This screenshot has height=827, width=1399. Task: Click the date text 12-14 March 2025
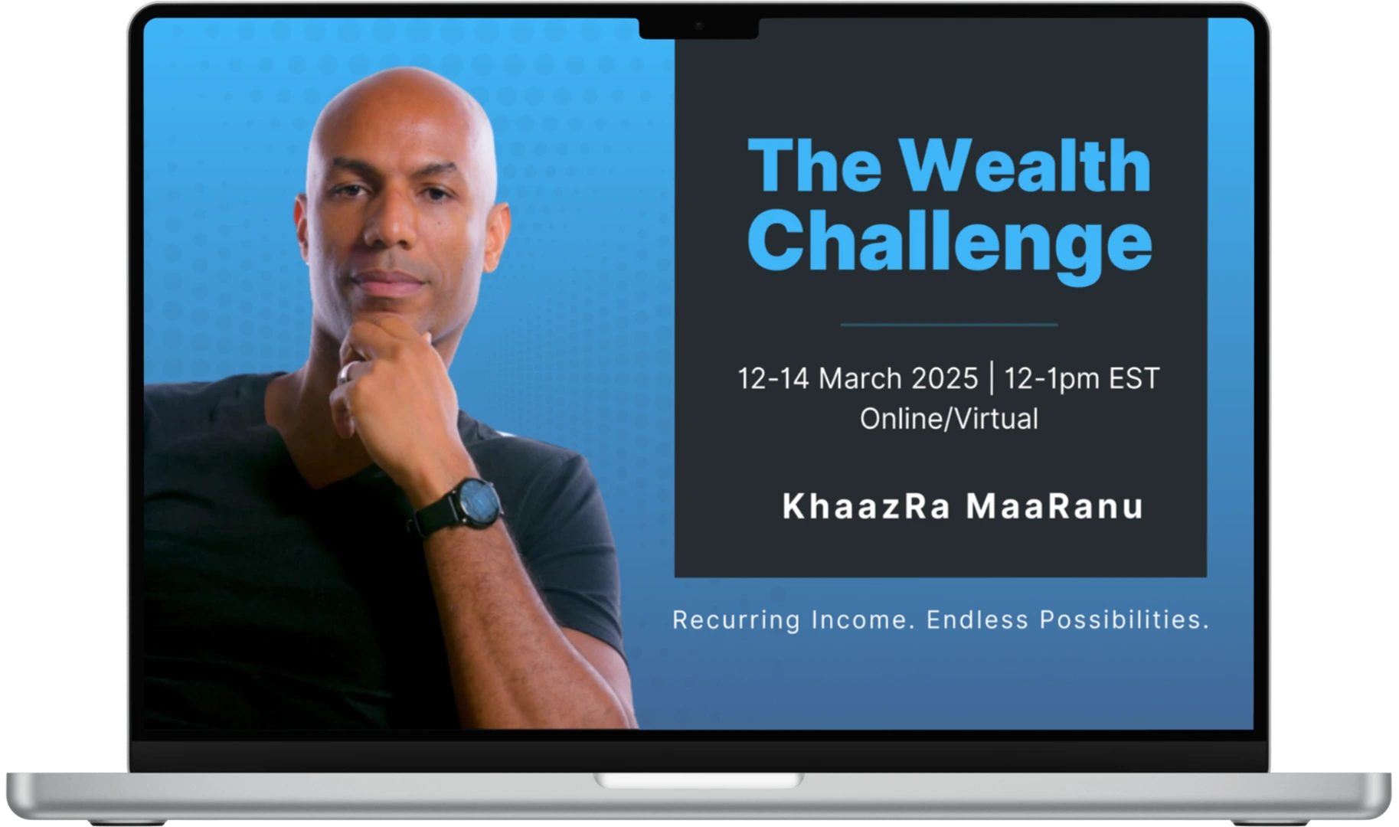[x=858, y=378]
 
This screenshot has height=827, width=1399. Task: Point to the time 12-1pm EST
[x=1082, y=378]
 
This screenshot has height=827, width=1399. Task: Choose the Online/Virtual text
[x=949, y=419]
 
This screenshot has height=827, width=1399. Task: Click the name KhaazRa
[x=866, y=506]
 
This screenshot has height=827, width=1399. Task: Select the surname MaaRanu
[x=1055, y=506]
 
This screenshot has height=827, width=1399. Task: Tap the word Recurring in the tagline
[x=736, y=619]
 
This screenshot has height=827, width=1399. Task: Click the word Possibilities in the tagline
[x=1124, y=619]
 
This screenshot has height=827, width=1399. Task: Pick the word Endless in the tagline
[x=977, y=619]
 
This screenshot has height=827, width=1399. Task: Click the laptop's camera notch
[x=698, y=27]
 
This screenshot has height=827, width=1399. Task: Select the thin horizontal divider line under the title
[x=949, y=325]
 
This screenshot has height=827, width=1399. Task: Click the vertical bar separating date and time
[x=992, y=378]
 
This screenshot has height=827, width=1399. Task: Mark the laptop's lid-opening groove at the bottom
[x=698, y=780]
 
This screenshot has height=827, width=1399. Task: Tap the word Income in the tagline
[x=863, y=619]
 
